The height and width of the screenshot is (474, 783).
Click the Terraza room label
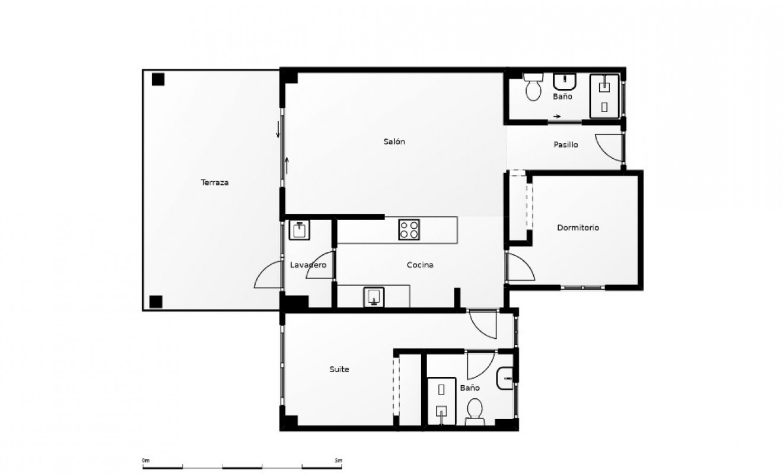click(215, 182)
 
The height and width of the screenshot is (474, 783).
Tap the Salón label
click(394, 142)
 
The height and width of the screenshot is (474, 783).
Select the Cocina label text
click(419, 265)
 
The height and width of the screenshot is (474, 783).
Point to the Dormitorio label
click(578, 228)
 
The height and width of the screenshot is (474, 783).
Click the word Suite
click(339, 369)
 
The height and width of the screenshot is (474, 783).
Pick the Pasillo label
click(565, 145)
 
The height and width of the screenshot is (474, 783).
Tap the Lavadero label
click(308, 265)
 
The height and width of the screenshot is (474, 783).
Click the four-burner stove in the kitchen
click(409, 229)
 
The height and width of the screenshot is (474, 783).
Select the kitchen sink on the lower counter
click(374, 296)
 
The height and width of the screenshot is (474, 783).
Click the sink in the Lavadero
click(300, 230)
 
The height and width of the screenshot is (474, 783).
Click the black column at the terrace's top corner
click(158, 79)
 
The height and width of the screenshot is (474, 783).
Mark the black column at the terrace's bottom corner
click(156, 302)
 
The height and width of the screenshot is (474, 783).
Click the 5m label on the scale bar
click(338, 460)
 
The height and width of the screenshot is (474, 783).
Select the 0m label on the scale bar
click(146, 460)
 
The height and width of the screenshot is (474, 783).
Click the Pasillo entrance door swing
click(609, 148)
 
